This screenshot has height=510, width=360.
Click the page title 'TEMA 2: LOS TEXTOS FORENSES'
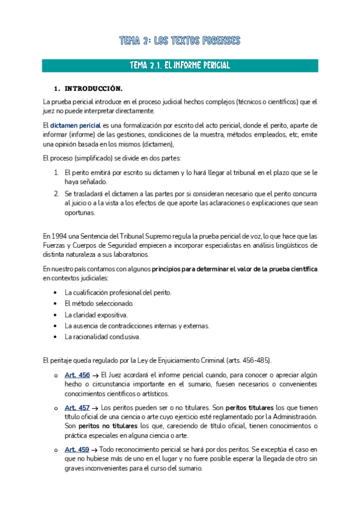pyautogui.click(x=180, y=41)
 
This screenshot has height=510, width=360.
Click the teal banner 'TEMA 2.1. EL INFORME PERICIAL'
pyautogui.click(x=180, y=65)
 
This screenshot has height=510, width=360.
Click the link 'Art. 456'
pyautogui.click(x=77, y=375)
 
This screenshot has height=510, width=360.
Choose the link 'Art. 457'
pyautogui.click(x=77, y=407)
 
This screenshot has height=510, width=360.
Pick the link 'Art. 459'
pyautogui.click(x=77, y=449)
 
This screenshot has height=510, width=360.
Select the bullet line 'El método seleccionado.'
pyautogui.click(x=99, y=304)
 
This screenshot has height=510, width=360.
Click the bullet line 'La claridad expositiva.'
pyautogui.click(x=96, y=315)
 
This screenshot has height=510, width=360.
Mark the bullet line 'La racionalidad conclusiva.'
pyautogui.click(x=102, y=337)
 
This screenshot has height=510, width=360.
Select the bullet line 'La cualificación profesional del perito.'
pyautogui.click(x=118, y=292)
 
